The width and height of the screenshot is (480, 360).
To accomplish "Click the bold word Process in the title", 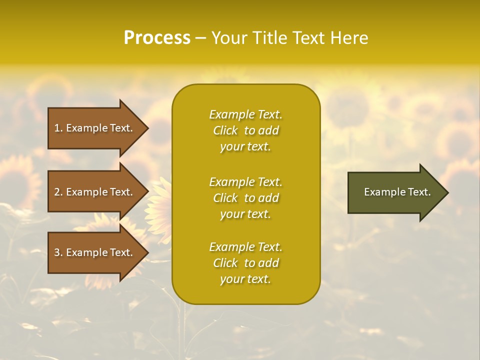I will tap(157, 38).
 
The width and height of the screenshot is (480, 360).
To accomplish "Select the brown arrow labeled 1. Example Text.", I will tap(95, 128).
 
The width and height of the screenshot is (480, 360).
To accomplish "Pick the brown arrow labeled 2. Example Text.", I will tap(95, 192).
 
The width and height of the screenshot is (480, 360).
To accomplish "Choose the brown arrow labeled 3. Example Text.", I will tap(95, 252).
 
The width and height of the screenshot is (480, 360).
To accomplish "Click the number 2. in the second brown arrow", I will tap(58, 192).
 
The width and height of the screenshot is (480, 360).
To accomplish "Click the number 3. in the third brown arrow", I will tap(58, 252).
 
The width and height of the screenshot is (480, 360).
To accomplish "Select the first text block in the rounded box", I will tap(245, 130).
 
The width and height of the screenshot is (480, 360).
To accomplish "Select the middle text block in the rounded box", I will tap(245, 198).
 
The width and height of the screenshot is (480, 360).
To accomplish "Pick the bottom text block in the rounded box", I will tap(245, 263).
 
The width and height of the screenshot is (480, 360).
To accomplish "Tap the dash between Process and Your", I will tap(200, 38).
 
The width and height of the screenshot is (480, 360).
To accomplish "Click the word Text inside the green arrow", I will tap(419, 192).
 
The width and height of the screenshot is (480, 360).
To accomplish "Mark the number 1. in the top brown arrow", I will tap(58, 128).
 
